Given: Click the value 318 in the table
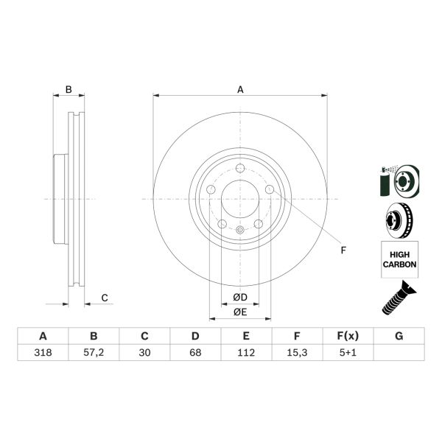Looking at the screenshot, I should pyautogui.click(x=43, y=352).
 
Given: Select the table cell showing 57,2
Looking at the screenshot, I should pyautogui.click(x=94, y=352).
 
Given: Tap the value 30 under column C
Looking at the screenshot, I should pyautogui.click(x=144, y=352).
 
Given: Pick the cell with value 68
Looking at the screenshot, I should pyautogui.click(x=195, y=352).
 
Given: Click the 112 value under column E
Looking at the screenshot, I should pyautogui.click(x=246, y=352).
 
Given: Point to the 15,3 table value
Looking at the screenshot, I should pyautogui.click(x=297, y=352).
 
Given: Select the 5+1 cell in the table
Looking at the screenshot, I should pyautogui.click(x=348, y=352).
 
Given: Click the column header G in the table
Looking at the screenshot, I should pyautogui.click(x=399, y=336).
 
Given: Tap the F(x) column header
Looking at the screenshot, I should pyautogui.click(x=348, y=336).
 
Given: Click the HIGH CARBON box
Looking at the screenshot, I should pyautogui.click(x=399, y=259).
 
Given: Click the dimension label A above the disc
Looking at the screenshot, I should pyautogui.click(x=240, y=90).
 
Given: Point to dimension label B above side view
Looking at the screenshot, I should pyautogui.click(x=69, y=90).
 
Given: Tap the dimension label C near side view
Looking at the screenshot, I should pyautogui.click(x=105, y=298).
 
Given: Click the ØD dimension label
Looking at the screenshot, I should pyautogui.click(x=240, y=297).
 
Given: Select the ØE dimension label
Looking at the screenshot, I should pyautogui.click(x=240, y=312).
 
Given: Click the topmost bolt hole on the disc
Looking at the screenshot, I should pyautogui.click(x=240, y=168).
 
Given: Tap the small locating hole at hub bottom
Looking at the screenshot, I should pyautogui.click(x=240, y=231).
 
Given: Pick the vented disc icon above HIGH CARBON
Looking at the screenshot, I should pyautogui.click(x=398, y=220).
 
